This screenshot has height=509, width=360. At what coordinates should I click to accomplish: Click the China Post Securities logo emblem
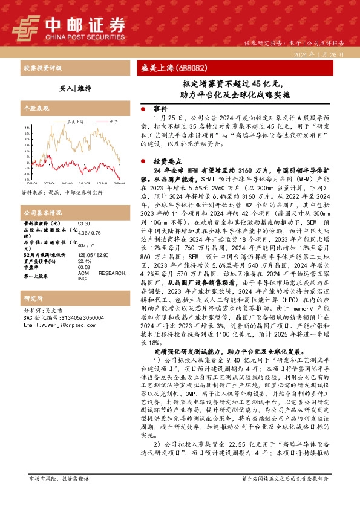coord(26,27)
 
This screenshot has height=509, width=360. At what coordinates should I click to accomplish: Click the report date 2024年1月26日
coord(319,54)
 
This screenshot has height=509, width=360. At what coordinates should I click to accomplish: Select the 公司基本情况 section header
coord(42,213)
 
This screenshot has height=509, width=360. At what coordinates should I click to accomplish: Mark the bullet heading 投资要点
coord(165,161)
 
